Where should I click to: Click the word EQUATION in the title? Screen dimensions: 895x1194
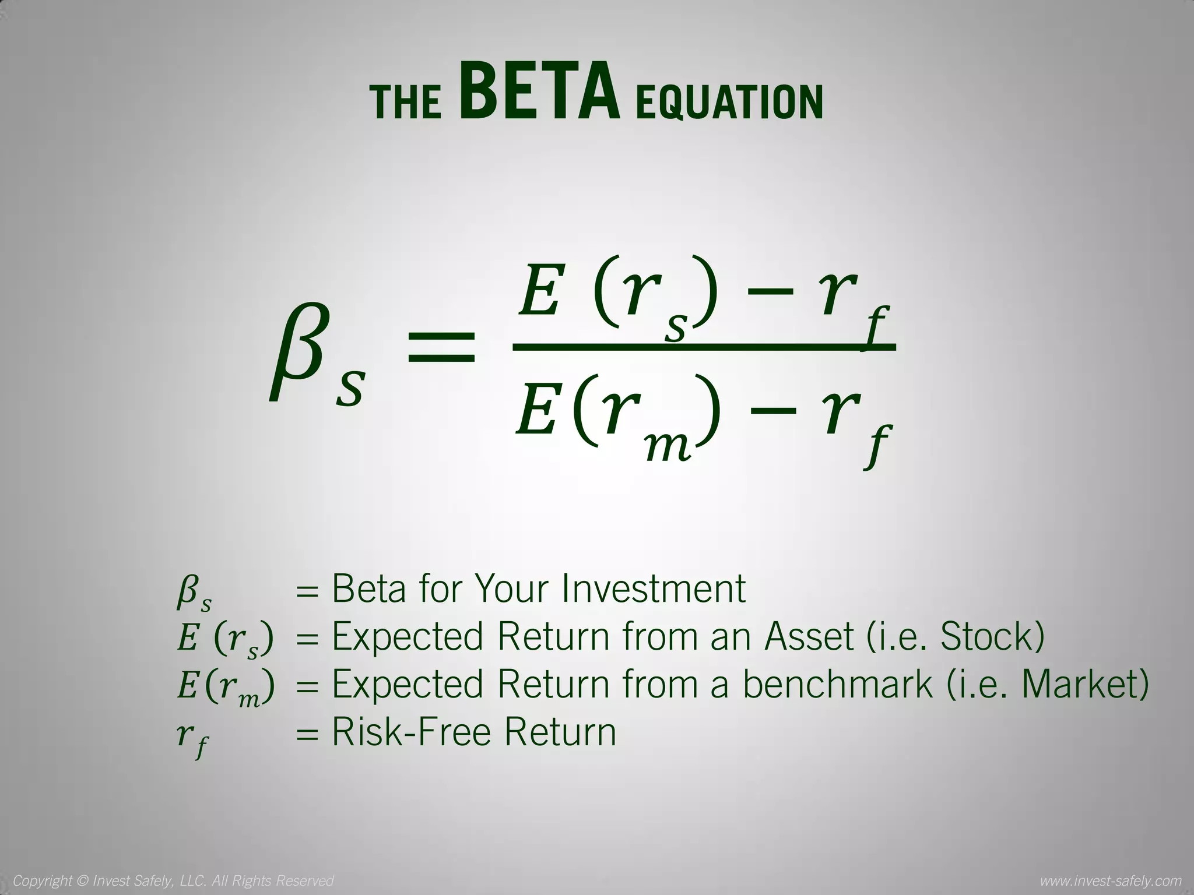pyautogui.click(x=729, y=103)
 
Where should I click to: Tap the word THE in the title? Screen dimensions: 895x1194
pyautogui.click(x=406, y=103)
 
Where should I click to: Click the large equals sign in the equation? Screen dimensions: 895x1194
pyautogui.click(x=440, y=347)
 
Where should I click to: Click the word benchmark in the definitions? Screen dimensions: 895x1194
pyautogui.click(x=837, y=684)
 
